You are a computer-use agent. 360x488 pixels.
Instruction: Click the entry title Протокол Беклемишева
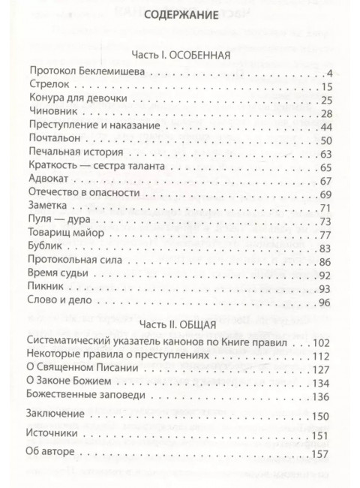(x=87, y=73)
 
